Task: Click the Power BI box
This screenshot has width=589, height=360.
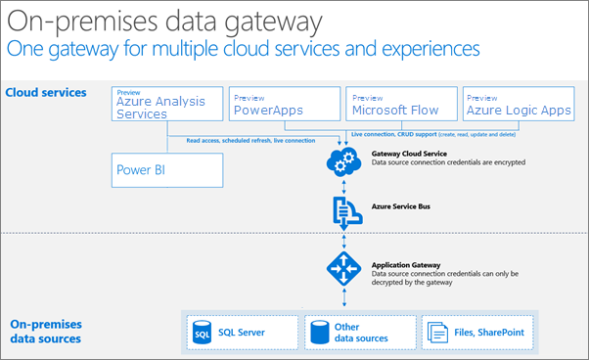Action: click(167, 168)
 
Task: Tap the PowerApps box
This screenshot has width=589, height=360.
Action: click(284, 107)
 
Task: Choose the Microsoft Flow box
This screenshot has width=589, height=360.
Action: click(401, 107)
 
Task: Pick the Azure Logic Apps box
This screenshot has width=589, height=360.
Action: click(518, 107)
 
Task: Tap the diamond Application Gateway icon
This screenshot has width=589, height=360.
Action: click(342, 267)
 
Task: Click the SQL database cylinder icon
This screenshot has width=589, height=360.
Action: click(203, 333)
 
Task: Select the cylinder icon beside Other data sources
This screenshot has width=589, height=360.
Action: click(319, 333)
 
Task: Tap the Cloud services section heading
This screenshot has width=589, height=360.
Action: click(46, 93)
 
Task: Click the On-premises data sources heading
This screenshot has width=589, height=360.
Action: click(45, 332)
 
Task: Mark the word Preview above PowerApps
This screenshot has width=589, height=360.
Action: click(249, 97)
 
